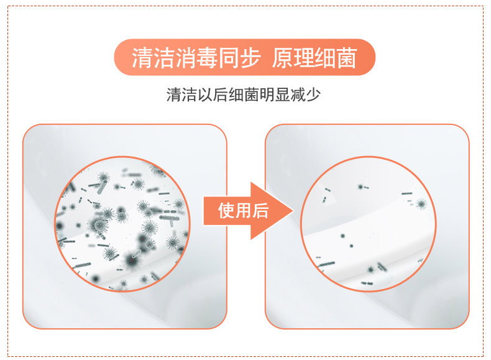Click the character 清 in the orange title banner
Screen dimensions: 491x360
point(142,58)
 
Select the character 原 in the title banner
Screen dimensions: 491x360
point(282,58)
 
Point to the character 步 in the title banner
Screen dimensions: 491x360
point(250,58)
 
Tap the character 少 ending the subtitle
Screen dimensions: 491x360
point(313,95)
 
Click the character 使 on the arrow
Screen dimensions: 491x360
point(226,211)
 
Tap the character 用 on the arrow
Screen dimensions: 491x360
point(243,211)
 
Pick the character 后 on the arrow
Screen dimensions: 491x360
point(260,211)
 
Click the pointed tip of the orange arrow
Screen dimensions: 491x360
point(293,211)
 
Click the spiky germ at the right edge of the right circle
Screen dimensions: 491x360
point(421,205)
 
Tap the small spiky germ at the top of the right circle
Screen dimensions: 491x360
point(360,187)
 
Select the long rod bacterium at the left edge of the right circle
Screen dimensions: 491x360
point(326,264)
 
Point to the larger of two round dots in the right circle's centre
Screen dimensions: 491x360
point(343,236)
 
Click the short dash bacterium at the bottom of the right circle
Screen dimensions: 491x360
point(367,284)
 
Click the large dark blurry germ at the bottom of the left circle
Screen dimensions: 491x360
point(131,260)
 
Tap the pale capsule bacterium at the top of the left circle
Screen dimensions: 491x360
point(102,188)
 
